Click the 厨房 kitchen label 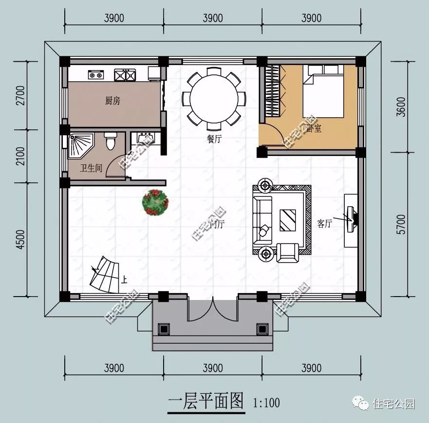tap(112, 101)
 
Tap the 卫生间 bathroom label tap(91, 168)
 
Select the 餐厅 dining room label tap(214, 139)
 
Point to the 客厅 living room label tap(324, 223)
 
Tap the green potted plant tap(155, 202)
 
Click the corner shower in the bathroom tap(80, 145)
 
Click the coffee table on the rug tap(287, 220)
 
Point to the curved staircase tap(105, 275)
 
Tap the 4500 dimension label tap(19, 239)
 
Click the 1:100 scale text tap(266, 403)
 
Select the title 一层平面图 tap(205, 402)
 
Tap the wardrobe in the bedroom tap(274, 91)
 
